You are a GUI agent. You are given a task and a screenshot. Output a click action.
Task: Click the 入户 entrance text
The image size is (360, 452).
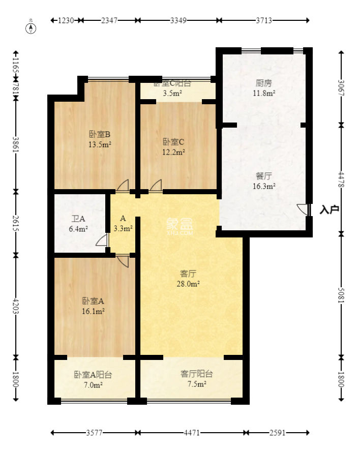coord(329,209)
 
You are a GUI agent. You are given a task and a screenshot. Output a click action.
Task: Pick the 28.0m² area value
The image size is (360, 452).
coord(188,284)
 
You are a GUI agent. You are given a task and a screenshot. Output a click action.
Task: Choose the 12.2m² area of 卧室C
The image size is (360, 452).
coord(173,151)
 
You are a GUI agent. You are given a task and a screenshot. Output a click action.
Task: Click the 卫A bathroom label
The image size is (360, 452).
coord(78,219)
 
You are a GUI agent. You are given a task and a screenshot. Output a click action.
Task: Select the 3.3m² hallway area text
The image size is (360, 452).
coord(123,228)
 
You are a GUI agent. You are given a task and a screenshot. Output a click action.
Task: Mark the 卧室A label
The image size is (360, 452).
coord(94,301)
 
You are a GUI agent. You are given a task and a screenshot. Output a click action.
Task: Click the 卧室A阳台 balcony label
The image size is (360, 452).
coord(93,375)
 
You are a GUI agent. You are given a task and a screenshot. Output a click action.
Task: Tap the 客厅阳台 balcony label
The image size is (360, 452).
coord(197,374)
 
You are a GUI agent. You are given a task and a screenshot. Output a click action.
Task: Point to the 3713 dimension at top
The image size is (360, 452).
coord(264,20)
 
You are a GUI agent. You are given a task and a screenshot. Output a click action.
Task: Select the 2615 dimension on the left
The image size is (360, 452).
coord(16,222)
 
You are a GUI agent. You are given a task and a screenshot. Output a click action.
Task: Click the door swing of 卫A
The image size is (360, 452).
coord(102,240)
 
